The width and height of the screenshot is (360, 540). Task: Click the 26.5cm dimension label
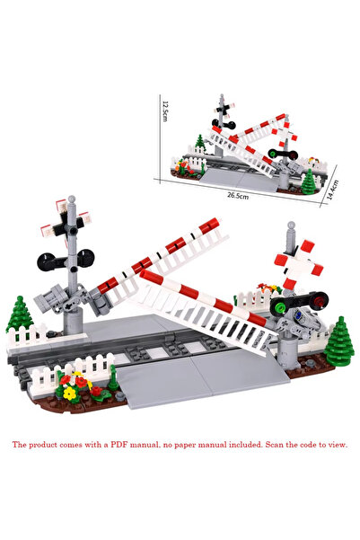click(238, 196)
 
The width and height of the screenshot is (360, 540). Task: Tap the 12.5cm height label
click(165, 111)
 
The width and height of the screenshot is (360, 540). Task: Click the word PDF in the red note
click(119, 445)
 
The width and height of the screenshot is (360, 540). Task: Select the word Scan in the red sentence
click(275, 445)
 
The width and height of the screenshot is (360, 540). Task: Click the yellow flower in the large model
click(70, 393)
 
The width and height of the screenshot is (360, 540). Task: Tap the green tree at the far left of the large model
click(20, 315)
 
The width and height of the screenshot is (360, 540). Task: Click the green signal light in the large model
click(278, 305)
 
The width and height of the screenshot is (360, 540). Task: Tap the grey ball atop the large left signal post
click(72, 199)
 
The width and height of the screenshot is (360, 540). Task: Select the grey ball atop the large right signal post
click(292, 225)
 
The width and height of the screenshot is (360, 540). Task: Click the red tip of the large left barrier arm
click(209, 226)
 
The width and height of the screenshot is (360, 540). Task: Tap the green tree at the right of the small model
click(308, 180)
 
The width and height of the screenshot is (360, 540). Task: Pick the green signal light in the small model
click(273, 153)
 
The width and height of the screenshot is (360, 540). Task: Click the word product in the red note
click(43, 445)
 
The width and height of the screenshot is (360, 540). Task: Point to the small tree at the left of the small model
click(199, 142)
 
